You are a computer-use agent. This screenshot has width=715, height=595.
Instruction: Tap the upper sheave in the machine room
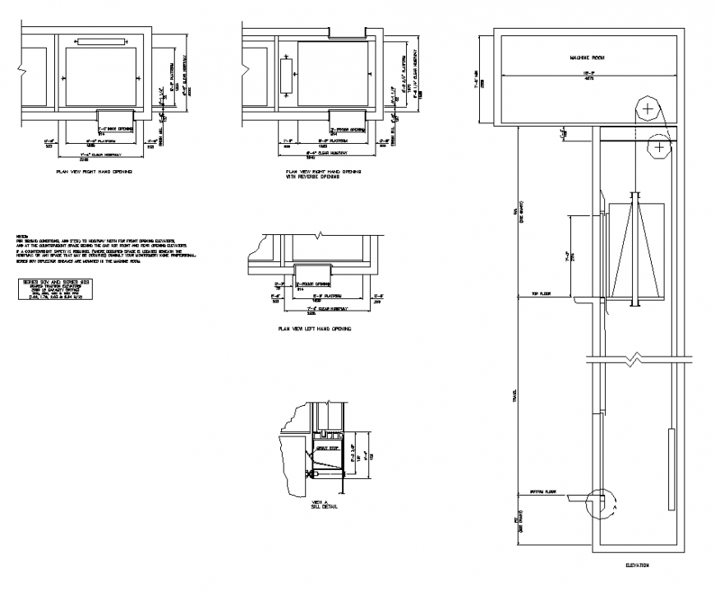tap(648, 108)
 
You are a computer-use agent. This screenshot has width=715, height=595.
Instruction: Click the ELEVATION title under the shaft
tap(637, 565)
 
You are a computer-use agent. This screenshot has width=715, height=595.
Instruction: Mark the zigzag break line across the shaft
tap(633, 359)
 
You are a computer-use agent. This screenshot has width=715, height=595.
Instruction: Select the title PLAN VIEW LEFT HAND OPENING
tap(316, 329)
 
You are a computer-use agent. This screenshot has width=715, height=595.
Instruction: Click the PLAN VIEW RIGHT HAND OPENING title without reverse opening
tap(93, 173)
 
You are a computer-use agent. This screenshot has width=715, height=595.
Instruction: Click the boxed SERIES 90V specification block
tap(52, 290)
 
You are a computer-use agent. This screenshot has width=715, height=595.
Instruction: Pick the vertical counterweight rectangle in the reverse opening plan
tap(285, 76)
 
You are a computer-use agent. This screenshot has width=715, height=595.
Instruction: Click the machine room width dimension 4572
tap(588, 80)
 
